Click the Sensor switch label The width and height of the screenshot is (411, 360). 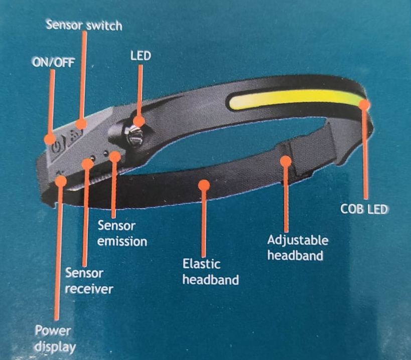[84, 25]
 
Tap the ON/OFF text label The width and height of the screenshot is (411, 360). [54, 62]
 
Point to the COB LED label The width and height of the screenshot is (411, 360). [364, 209]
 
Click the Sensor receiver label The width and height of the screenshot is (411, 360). [89, 281]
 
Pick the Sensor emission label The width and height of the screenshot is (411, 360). [122, 234]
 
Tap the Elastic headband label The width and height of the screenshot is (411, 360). [210, 272]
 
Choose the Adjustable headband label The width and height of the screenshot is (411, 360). [298, 248]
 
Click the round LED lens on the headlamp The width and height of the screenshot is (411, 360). [134, 135]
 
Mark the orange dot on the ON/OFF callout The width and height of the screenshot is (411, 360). [50, 139]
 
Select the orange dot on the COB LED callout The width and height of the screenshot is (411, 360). [364, 104]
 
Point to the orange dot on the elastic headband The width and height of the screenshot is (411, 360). [204, 186]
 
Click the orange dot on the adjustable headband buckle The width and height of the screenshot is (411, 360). [286, 161]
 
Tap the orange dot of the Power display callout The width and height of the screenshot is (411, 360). [61, 181]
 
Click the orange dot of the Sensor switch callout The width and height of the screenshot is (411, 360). [81, 123]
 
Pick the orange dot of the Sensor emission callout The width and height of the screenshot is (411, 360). [115, 156]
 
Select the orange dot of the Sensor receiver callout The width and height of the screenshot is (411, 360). [87, 164]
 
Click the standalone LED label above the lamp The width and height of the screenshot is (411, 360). [141, 56]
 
